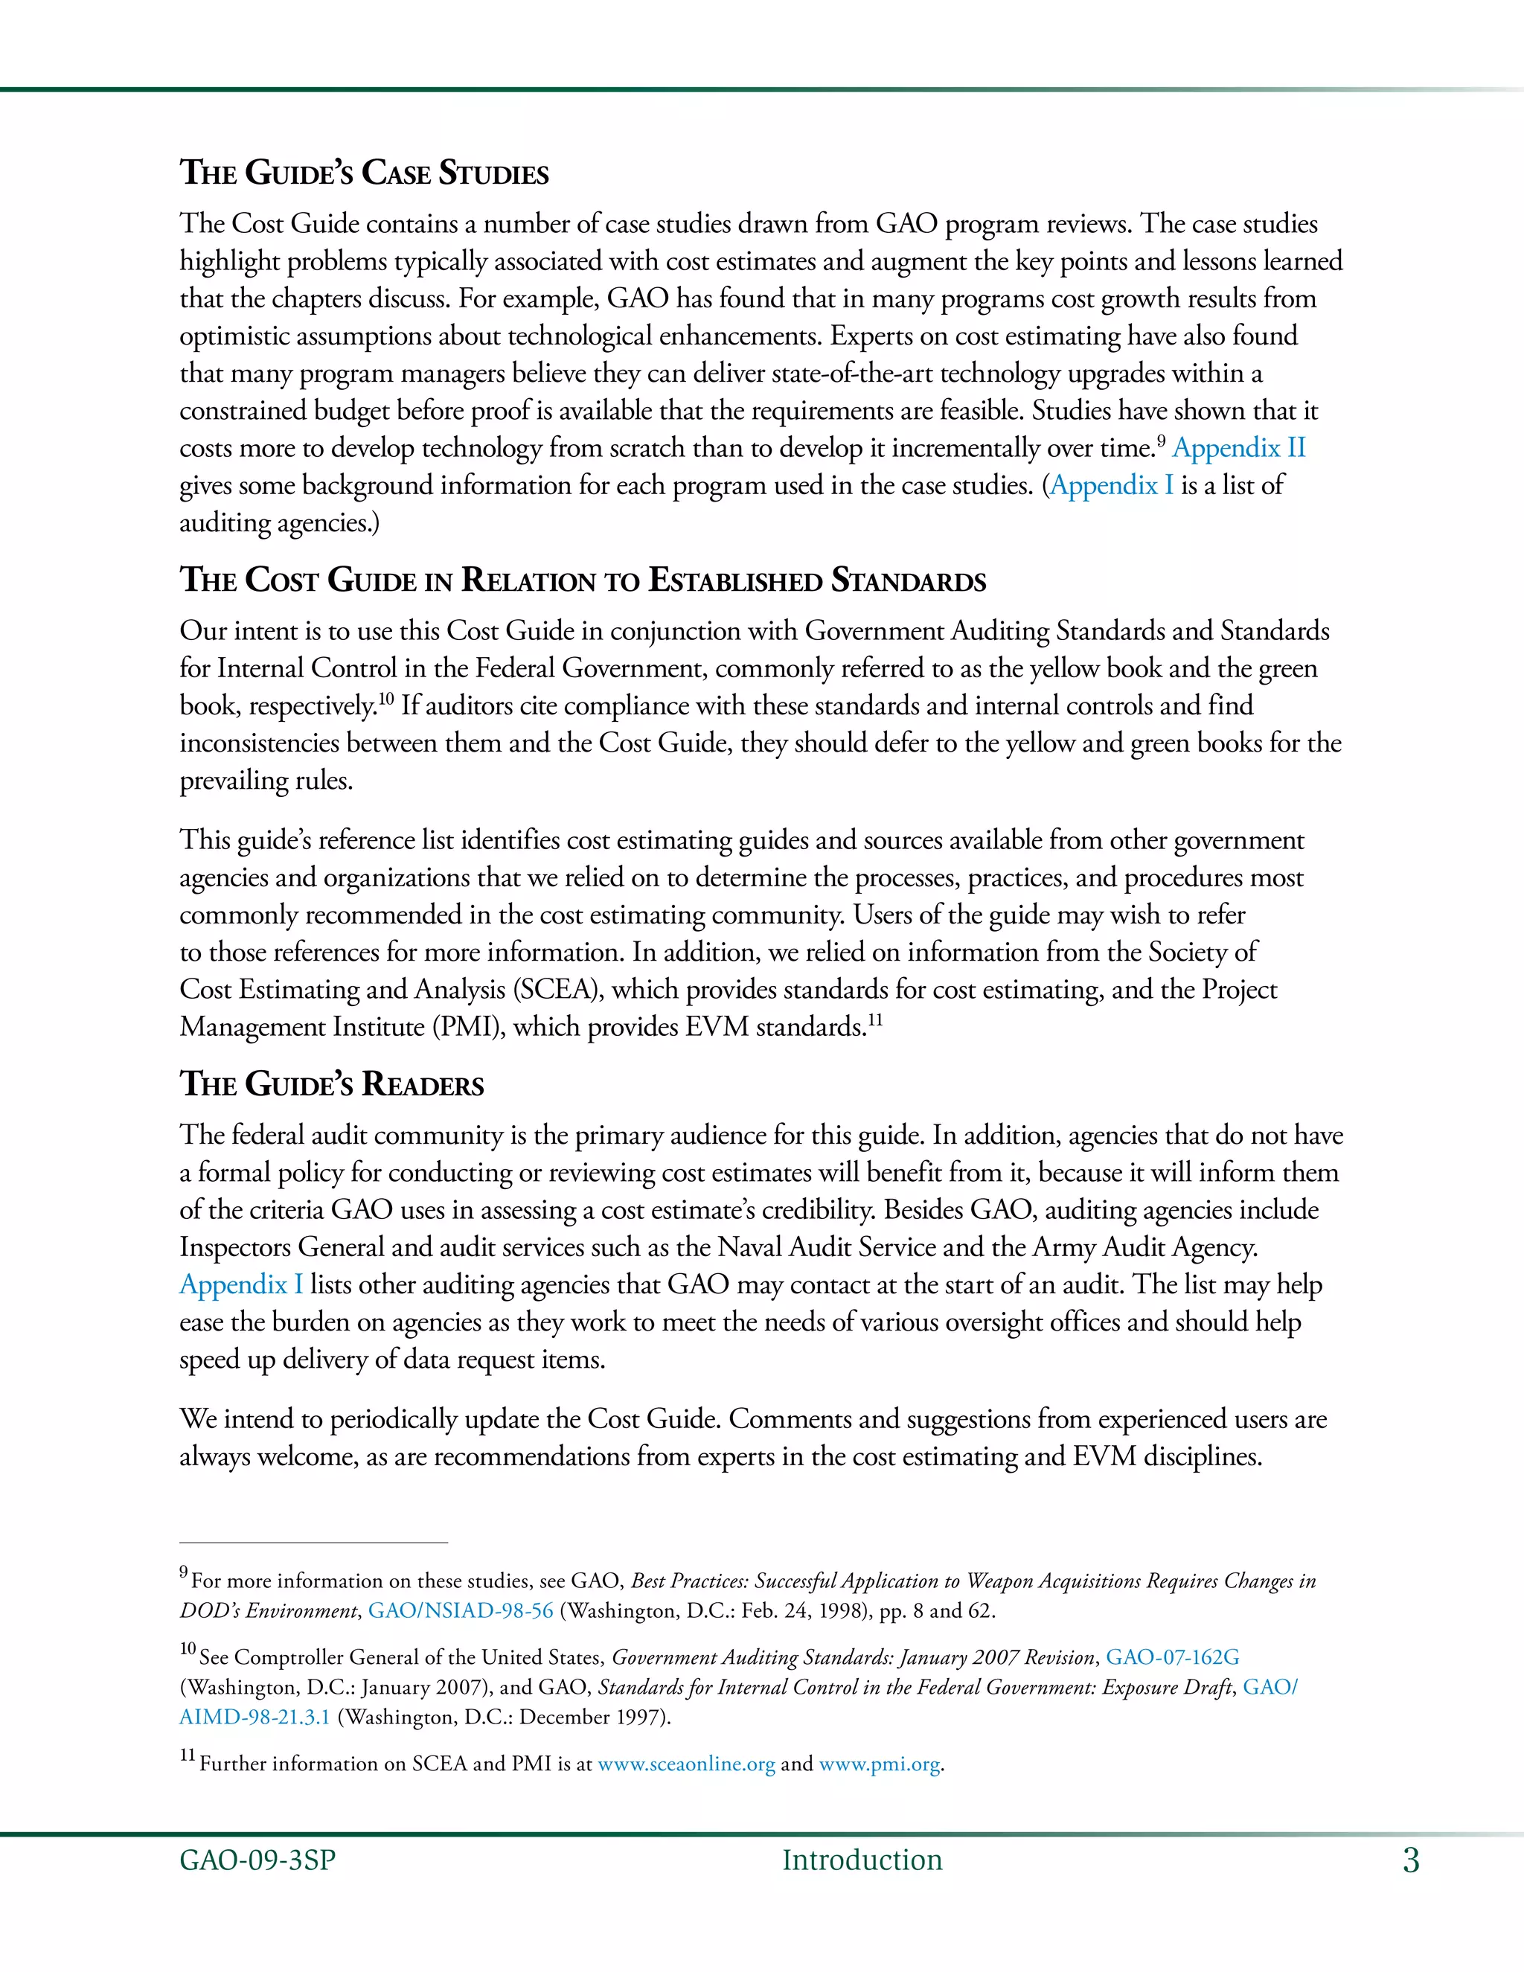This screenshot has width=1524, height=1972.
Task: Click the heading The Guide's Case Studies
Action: click(x=364, y=173)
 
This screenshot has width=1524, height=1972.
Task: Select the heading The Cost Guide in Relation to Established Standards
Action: click(x=583, y=580)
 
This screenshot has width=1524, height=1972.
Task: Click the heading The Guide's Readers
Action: click(x=331, y=1083)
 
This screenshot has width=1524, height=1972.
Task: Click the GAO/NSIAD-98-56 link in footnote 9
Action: click(x=461, y=1611)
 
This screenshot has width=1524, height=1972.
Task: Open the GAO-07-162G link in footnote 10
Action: click(x=1172, y=1657)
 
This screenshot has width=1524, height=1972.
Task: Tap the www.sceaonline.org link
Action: click(x=686, y=1764)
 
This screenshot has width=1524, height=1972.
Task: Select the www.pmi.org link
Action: click(x=880, y=1764)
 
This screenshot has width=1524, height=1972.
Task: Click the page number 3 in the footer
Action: click(x=1410, y=1860)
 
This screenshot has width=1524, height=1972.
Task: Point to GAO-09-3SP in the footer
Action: click(x=257, y=1860)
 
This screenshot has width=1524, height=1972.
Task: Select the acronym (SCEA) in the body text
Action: click(x=558, y=990)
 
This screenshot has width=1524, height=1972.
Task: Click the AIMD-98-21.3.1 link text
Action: click(x=254, y=1717)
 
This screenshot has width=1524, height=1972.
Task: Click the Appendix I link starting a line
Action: click(x=240, y=1284)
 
